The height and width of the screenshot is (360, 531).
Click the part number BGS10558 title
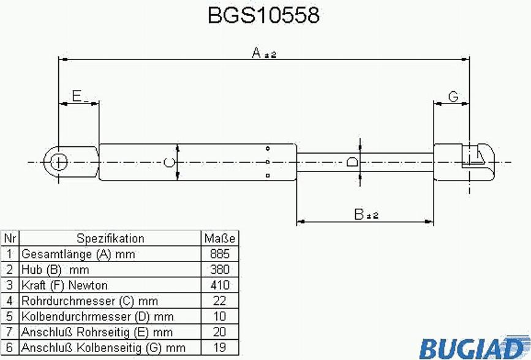click(x=263, y=15)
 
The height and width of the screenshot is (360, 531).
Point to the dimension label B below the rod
click(x=360, y=214)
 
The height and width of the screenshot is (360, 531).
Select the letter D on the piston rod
click(x=352, y=162)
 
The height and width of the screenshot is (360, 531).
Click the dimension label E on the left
click(x=77, y=96)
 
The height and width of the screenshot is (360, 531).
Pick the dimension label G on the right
click(x=453, y=96)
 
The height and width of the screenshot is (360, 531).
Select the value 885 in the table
click(x=219, y=254)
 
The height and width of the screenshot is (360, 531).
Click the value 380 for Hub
click(x=219, y=269)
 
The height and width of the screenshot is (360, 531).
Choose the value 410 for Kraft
click(x=219, y=285)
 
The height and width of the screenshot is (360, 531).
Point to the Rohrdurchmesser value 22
click(x=219, y=301)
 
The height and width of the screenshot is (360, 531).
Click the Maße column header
click(x=219, y=238)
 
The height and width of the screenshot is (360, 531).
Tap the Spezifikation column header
click(x=110, y=238)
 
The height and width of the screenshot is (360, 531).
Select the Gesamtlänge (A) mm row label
click(x=78, y=254)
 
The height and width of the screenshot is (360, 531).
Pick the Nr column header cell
click(x=10, y=238)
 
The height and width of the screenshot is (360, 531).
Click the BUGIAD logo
click(x=472, y=348)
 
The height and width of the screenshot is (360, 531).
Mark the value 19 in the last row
click(x=219, y=348)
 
